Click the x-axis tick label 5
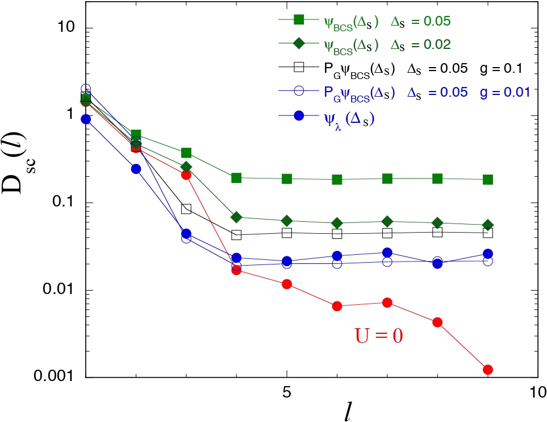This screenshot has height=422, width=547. pos(287,392)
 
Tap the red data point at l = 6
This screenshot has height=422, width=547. pos(337,306)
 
